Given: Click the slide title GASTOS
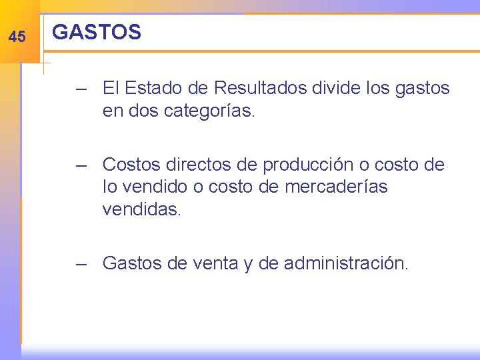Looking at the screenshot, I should click(97, 32).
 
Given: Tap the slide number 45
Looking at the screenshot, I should click(17, 37).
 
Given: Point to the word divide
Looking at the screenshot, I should click(335, 87).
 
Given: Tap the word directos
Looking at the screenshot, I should click(198, 164).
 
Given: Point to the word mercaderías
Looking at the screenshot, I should click(336, 187).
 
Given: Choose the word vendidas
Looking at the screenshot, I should click(141, 210).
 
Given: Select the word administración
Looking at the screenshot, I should click(346, 263).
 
